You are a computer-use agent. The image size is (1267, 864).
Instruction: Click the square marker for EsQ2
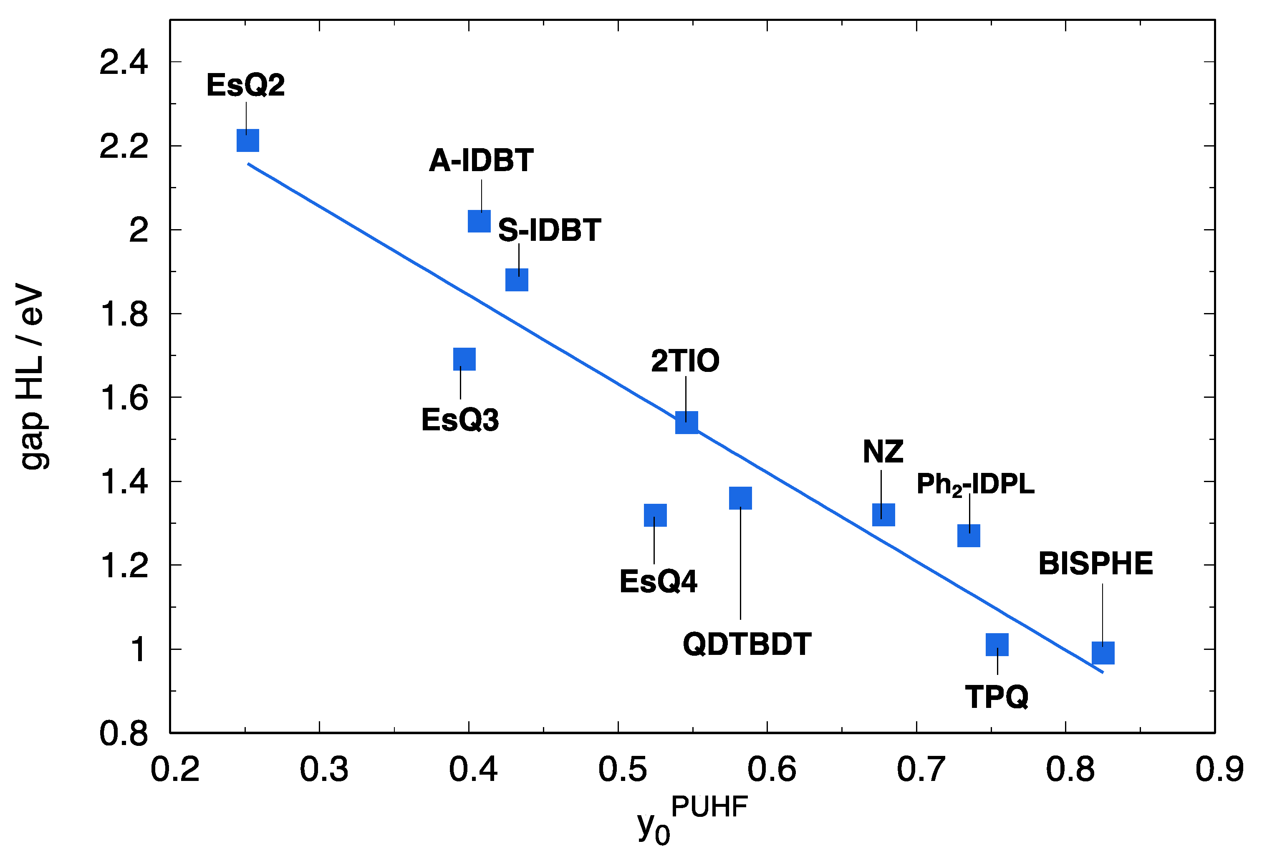coord(247,141)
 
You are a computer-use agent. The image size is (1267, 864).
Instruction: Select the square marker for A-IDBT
coord(479,221)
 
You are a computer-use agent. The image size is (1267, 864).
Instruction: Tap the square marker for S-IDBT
coord(517,280)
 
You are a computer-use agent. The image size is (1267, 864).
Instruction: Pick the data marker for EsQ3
coord(464,359)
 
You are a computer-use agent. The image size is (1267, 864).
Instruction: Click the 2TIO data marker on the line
coord(687,422)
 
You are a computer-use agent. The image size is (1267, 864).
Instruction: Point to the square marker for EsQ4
coord(655,515)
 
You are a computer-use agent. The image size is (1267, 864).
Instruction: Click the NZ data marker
coord(884,515)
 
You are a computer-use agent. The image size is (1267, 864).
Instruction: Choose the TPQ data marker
coord(997,645)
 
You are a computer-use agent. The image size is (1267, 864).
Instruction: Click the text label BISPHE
coord(1096,563)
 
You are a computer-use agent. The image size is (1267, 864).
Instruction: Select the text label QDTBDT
coord(747,644)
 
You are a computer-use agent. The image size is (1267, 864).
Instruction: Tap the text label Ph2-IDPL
coord(975,484)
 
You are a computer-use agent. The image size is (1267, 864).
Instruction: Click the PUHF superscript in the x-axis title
coord(709,807)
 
